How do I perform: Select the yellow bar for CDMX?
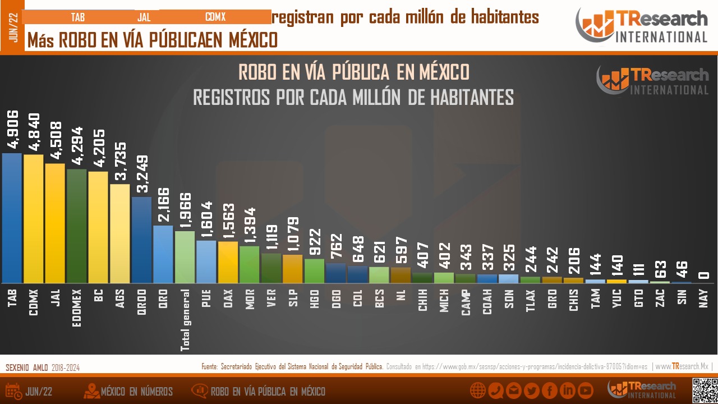coord(33,219)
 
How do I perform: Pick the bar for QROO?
coord(141,240)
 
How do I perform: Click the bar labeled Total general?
coord(185,257)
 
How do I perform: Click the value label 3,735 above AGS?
coord(119,162)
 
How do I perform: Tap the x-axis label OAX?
coord(228,298)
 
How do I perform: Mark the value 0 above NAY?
coord(703,275)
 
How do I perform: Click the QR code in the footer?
coord(705,391)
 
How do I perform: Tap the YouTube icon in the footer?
coord(586,391)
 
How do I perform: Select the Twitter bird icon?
coord(531,391)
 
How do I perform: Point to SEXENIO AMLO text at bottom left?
coord(27,368)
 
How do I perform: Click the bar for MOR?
coord(249,264)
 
